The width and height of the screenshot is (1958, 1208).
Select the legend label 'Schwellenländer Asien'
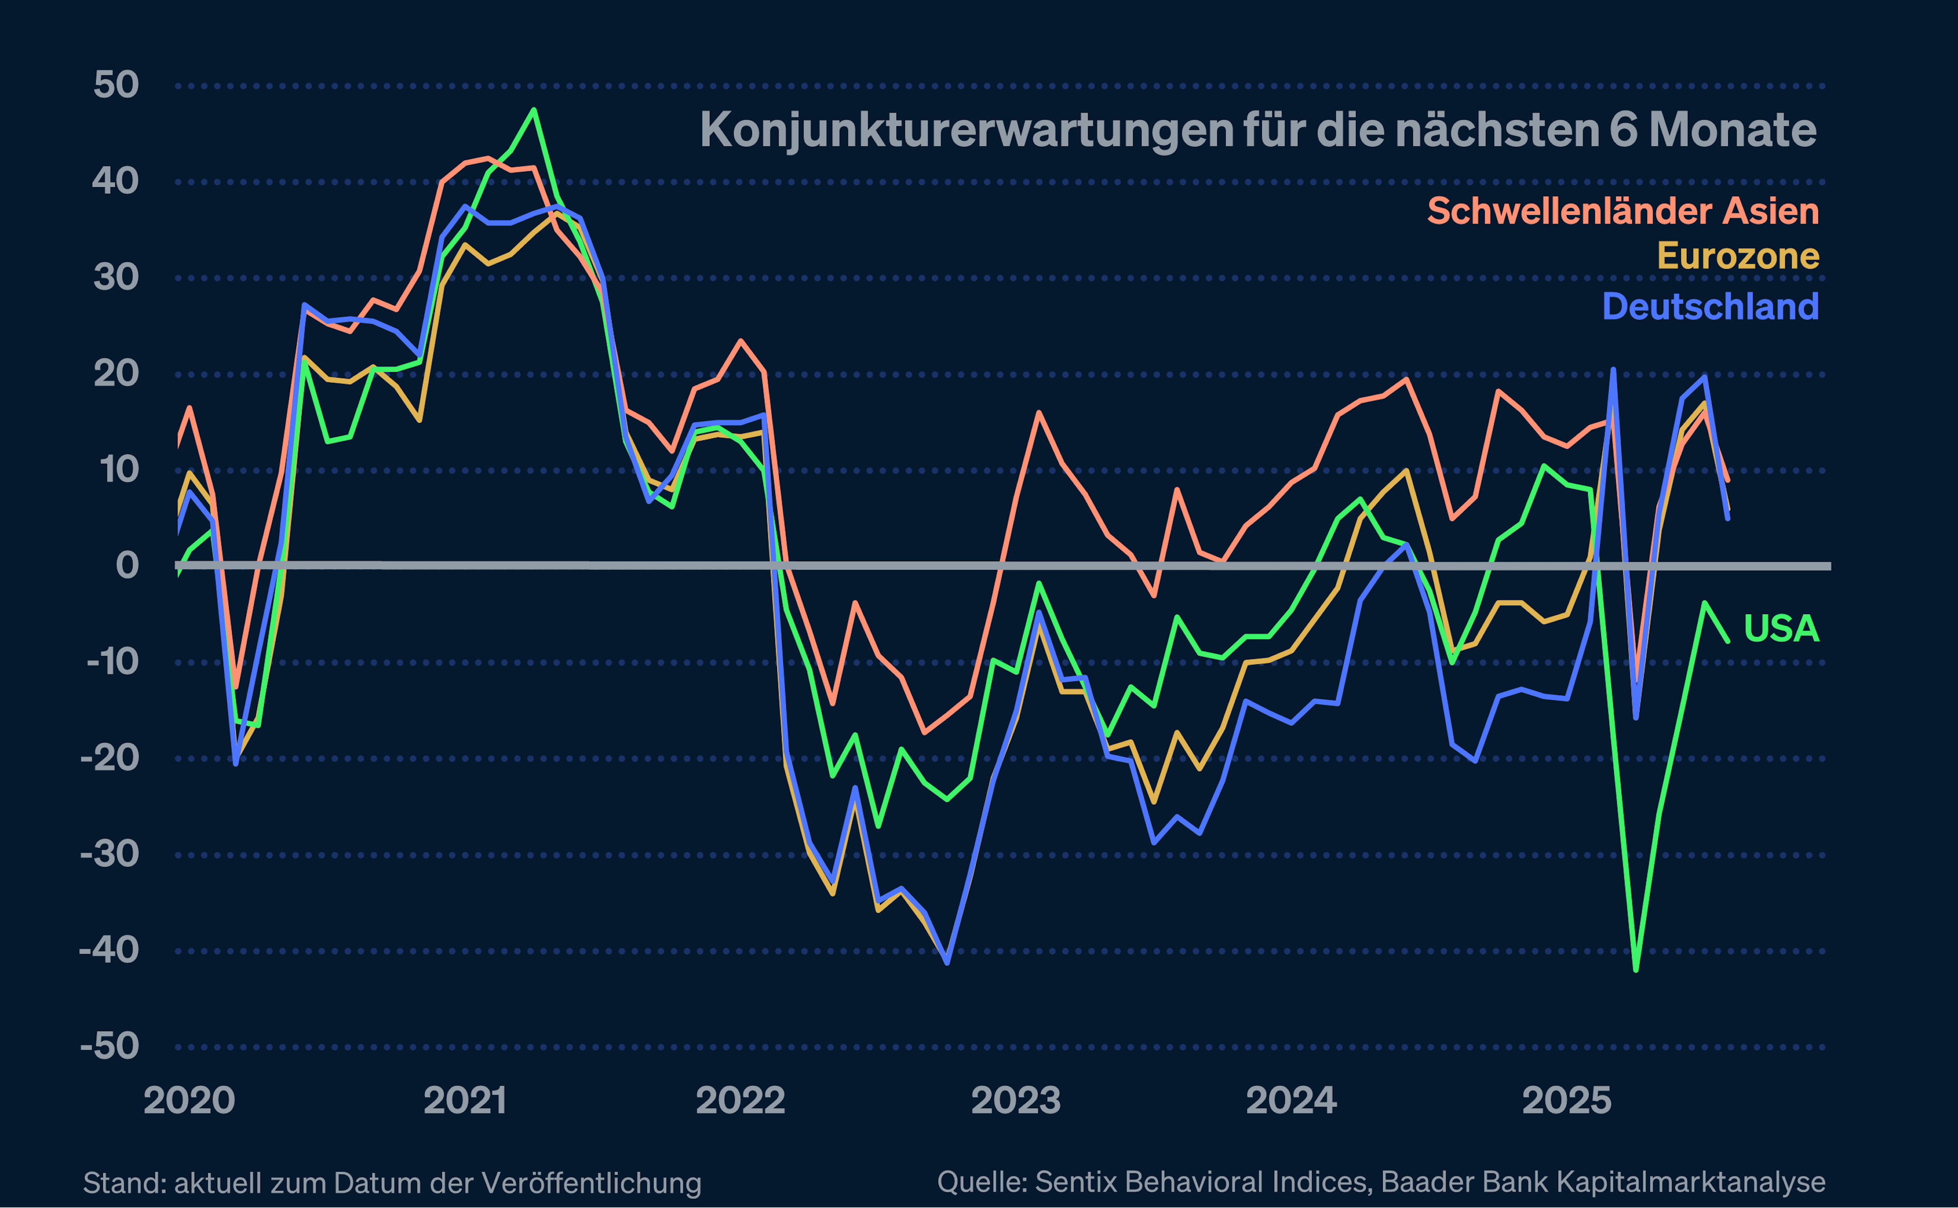point(1622,212)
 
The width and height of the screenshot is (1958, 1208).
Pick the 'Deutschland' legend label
point(1710,307)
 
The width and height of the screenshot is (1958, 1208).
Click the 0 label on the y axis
point(127,566)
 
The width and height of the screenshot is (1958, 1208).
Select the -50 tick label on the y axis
point(110,1046)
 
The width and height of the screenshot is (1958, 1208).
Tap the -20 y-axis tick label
point(110,757)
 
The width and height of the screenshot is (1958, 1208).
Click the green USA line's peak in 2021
point(534,110)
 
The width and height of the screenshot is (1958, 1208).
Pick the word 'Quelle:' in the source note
point(982,1181)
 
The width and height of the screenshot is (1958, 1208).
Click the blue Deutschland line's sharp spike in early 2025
point(1613,370)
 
